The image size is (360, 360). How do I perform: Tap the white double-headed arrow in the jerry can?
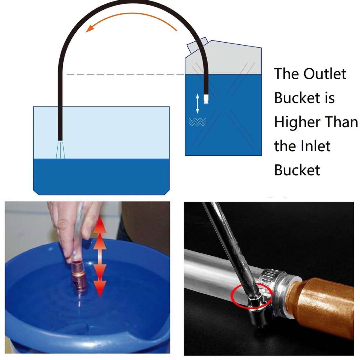[x=197, y=103]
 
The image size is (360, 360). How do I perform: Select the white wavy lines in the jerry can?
[x=197, y=122]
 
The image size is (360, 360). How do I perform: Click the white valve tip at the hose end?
[x=206, y=99]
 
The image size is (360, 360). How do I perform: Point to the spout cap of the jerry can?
[x=197, y=45]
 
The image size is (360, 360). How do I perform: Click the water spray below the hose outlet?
[x=60, y=150]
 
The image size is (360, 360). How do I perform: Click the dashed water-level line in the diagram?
[x=125, y=74]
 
